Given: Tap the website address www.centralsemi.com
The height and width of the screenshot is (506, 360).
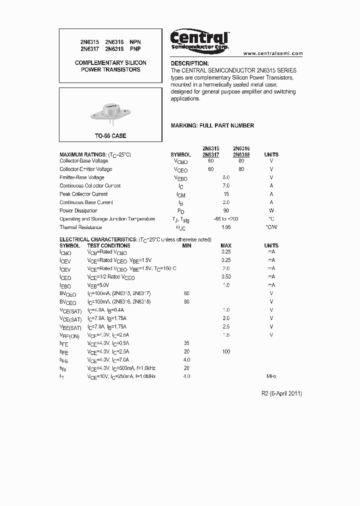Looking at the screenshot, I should pyautogui.click(x=273, y=53).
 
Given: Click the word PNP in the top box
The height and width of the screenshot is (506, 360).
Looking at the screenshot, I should pyautogui.click(x=135, y=49).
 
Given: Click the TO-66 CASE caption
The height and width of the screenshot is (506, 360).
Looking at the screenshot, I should pyautogui.click(x=110, y=136).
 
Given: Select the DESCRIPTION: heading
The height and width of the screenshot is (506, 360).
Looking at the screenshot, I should pyautogui.click(x=189, y=63).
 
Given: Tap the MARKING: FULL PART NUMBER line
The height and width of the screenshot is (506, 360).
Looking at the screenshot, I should pyautogui.click(x=212, y=125).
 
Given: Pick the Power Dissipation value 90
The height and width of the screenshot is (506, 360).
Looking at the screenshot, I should pyautogui.click(x=226, y=210).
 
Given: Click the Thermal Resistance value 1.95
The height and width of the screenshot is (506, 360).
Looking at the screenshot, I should pyautogui.click(x=226, y=227).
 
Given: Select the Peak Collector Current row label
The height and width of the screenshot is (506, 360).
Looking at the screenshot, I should pyautogui.click(x=83, y=194).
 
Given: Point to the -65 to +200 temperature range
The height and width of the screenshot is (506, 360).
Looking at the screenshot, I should pyautogui.click(x=226, y=219).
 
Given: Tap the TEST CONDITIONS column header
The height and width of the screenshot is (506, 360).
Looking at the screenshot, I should pyautogui.click(x=108, y=245).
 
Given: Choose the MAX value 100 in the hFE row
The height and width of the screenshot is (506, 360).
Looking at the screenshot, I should pyautogui.click(x=226, y=352).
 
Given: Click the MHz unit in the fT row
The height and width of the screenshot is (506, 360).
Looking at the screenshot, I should pyautogui.click(x=271, y=376).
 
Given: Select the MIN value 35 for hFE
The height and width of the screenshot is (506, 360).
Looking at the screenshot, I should pyautogui.click(x=186, y=343).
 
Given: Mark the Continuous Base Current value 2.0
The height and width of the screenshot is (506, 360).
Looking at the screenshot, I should pyautogui.click(x=226, y=202).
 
